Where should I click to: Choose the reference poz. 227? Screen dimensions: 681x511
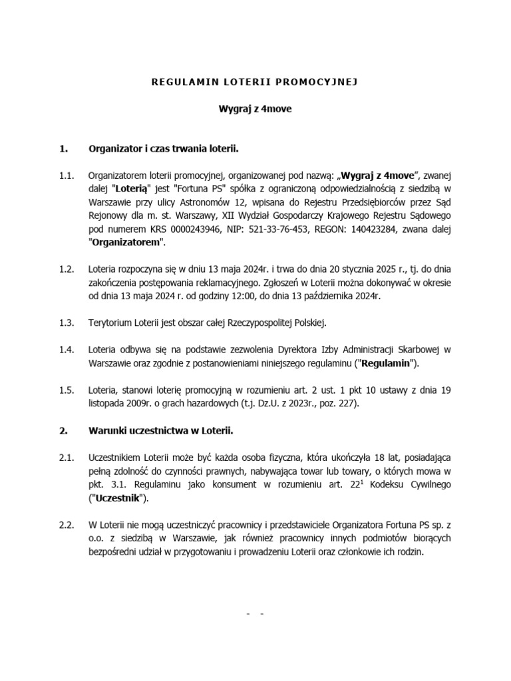(x=337, y=404)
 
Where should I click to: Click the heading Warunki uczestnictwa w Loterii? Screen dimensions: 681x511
(x=160, y=431)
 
